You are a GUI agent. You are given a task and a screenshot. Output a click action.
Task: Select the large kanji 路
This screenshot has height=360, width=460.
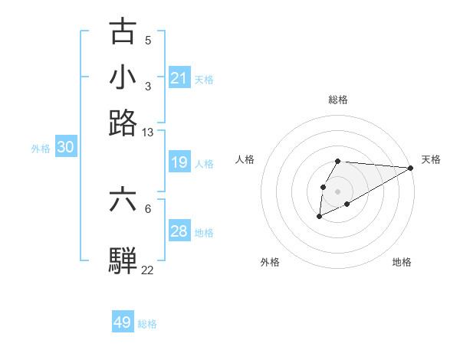(123, 123)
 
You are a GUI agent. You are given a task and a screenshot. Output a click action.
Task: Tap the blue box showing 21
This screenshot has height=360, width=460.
(179, 78)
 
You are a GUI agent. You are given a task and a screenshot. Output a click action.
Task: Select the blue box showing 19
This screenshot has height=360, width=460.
(179, 162)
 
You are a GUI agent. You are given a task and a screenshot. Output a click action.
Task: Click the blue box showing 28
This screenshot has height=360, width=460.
(179, 231)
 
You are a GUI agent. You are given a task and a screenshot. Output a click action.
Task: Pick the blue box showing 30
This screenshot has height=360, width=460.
(65, 148)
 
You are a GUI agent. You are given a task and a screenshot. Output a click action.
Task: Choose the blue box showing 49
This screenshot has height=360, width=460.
(123, 322)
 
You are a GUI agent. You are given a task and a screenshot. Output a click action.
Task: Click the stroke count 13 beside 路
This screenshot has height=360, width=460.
(148, 133)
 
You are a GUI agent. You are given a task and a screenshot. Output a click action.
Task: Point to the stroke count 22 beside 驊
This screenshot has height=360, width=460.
(148, 270)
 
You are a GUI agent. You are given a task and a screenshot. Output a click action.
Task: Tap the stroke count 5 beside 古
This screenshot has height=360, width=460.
(148, 40)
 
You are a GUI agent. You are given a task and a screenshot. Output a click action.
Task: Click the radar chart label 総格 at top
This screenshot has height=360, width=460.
(338, 100)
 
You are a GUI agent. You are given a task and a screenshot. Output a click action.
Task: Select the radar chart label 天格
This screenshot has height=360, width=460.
(431, 159)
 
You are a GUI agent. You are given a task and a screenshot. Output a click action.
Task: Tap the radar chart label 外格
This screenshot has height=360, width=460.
(270, 262)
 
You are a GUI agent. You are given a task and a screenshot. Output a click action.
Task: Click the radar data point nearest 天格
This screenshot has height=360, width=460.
(411, 168)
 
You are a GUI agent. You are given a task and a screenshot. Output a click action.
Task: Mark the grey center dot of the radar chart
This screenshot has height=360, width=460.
(337, 190)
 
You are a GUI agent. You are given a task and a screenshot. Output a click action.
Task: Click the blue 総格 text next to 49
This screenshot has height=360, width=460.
(147, 324)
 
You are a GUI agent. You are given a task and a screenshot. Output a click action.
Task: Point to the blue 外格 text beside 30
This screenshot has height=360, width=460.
(41, 149)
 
